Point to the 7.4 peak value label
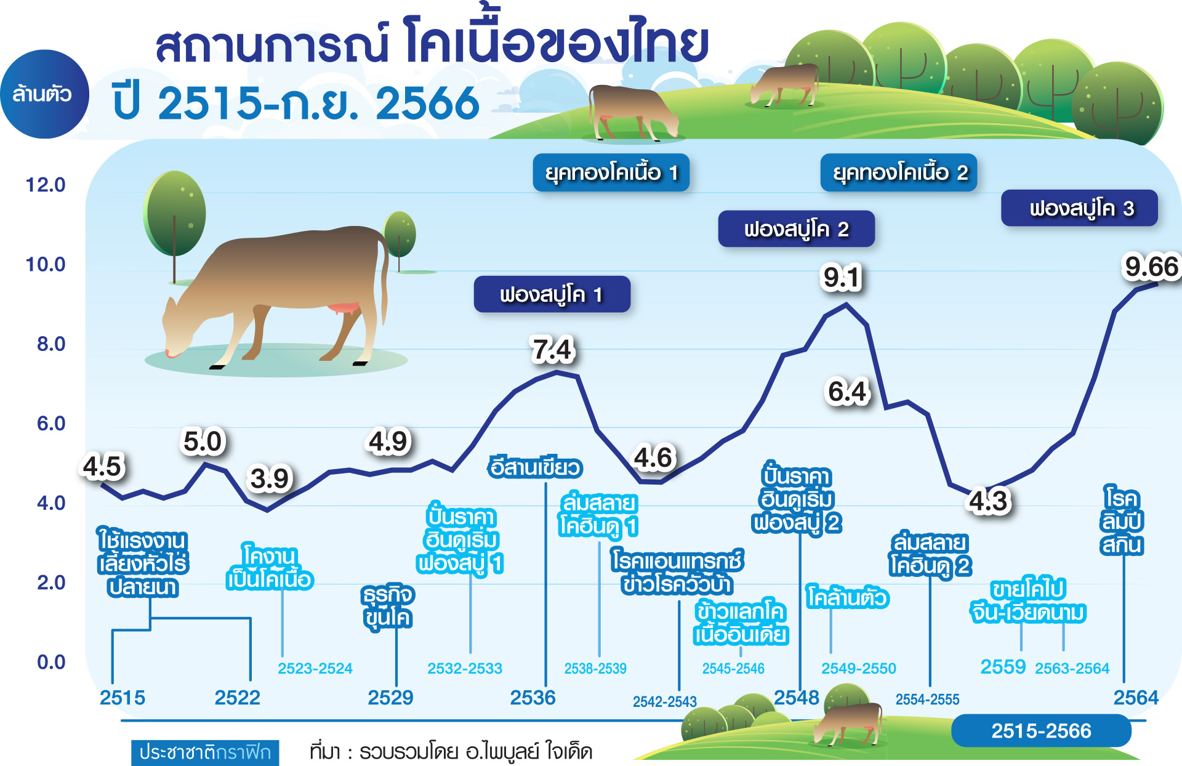coord(553,350)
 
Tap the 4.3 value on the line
coord(988,501)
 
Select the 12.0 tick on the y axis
coord(45,185)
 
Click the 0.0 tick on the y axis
coord(51,662)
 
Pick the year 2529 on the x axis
coord(390,698)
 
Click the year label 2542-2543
coord(665,701)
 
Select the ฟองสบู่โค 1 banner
coord(552,294)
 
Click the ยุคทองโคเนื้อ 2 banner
coord(899,172)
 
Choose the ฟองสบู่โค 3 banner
coord(1079,208)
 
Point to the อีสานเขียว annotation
coord(534,467)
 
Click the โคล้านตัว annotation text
coord(848,598)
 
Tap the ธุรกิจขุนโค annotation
coord(388,607)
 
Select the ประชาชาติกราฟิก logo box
coord(205,752)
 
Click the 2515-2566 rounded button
coord(1041,731)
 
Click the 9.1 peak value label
coord(842,278)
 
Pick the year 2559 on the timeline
coord(1003,667)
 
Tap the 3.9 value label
coord(270,478)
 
